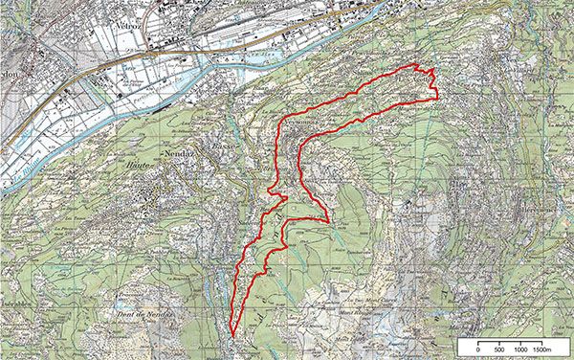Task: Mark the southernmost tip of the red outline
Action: coord(232,335)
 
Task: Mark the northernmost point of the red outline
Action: coord(416,63)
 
